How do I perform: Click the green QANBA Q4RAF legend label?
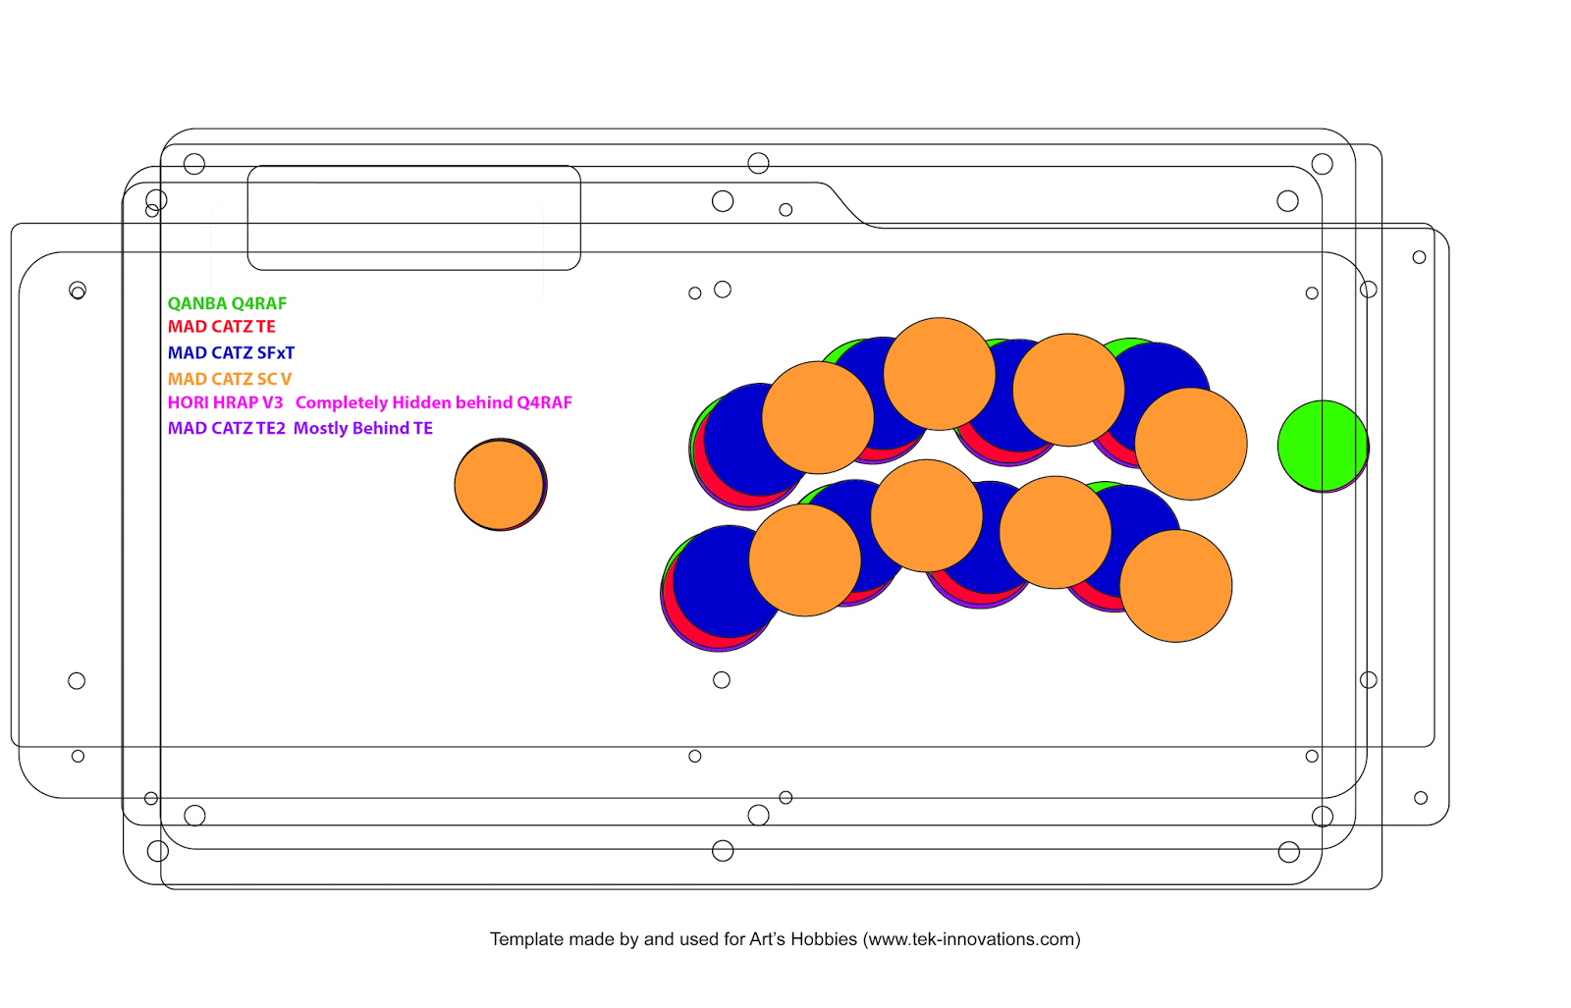(x=227, y=303)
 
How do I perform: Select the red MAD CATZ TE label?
(x=222, y=327)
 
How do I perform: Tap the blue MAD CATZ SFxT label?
(x=232, y=352)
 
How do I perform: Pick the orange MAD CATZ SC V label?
(x=230, y=379)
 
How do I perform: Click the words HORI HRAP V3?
(x=225, y=403)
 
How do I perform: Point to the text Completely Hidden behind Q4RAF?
(x=433, y=403)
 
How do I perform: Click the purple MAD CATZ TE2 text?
(x=227, y=428)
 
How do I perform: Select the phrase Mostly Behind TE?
(x=362, y=428)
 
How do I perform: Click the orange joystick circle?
(x=499, y=485)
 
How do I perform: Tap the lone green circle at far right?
(x=1323, y=446)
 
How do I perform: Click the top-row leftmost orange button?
(x=818, y=418)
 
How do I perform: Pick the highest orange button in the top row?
(x=939, y=374)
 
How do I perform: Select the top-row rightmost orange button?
(x=1191, y=444)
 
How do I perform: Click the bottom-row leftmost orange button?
(x=805, y=560)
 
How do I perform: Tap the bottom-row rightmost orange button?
(x=1176, y=586)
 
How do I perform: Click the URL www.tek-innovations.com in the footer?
(x=971, y=939)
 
